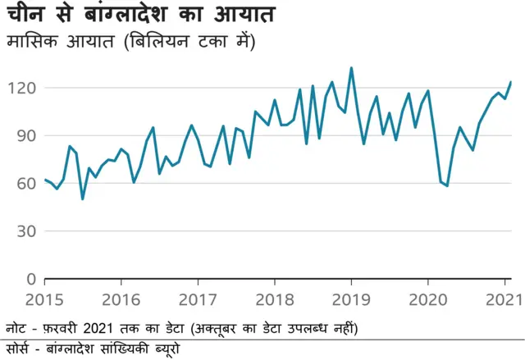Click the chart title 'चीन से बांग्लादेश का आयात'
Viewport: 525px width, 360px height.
click(140, 15)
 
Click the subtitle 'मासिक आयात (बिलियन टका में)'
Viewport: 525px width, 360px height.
click(130, 41)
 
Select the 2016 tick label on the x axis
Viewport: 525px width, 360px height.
click(121, 299)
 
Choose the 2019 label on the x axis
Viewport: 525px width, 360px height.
click(352, 299)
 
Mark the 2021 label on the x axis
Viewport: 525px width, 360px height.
click(501, 299)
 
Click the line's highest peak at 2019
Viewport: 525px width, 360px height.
click(352, 68)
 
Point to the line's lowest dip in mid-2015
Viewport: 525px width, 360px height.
click(82, 198)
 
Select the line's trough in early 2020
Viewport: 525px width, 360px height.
click(447, 186)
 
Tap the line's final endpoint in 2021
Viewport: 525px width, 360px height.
click(511, 82)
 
